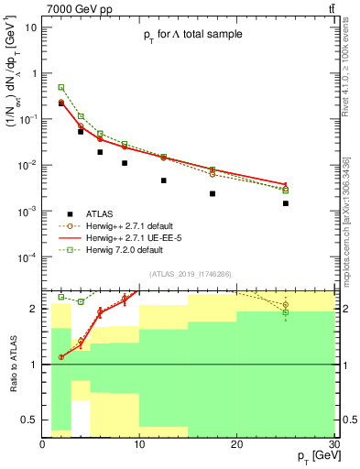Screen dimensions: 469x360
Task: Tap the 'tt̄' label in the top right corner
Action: tap(329, 8)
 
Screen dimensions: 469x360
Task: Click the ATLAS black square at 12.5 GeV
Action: tap(164, 180)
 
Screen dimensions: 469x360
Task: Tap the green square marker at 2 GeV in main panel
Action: tap(61, 87)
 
